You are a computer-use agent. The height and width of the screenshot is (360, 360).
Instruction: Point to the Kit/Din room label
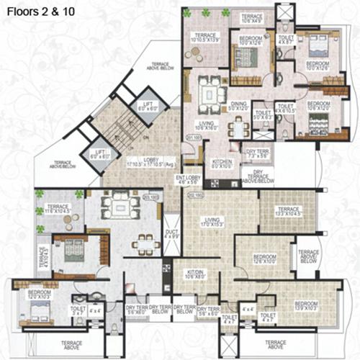[x=192, y=274]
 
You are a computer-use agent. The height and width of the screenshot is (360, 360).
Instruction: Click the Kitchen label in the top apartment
[x=222, y=161]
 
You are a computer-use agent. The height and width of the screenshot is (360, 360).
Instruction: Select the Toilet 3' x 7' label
[x=78, y=311]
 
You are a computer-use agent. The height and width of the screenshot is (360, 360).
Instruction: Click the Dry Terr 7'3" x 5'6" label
[x=256, y=153]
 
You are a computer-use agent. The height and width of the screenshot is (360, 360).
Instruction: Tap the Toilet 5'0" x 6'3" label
[x=262, y=114]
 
